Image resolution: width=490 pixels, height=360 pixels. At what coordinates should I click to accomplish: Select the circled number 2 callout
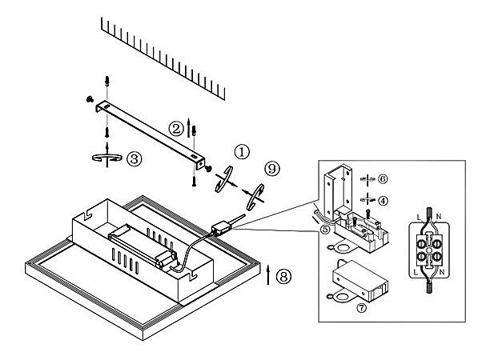[x=175, y=127]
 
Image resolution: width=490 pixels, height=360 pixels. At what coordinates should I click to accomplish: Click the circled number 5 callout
[x=323, y=228]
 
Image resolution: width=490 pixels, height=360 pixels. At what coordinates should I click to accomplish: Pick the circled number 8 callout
[x=283, y=277]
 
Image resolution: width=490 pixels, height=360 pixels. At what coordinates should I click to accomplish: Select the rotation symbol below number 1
[x=225, y=178]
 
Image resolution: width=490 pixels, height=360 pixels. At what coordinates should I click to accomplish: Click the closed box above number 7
[x=359, y=280]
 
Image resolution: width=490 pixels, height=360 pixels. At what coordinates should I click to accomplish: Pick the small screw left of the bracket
[x=87, y=100]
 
